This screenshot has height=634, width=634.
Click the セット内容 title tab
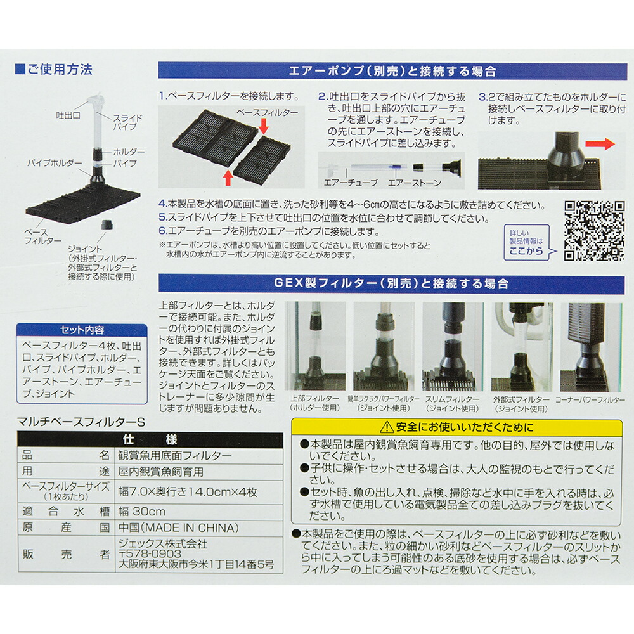[82, 330]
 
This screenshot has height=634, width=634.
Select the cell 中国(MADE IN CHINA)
[179, 527]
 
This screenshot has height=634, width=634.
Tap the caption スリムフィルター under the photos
[453, 400]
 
